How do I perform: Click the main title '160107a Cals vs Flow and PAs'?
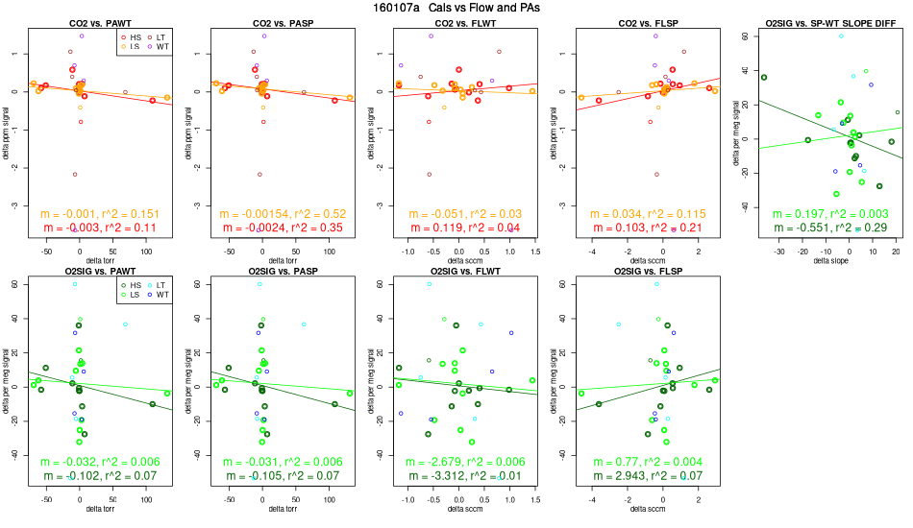coord(456,8)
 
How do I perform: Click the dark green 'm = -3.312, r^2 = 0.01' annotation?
coord(455,476)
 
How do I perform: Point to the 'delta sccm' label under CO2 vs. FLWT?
coord(455,261)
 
